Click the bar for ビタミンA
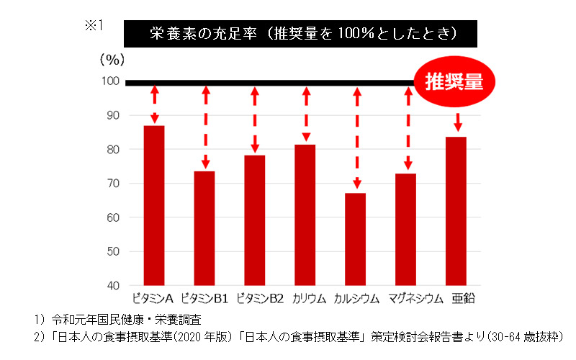[x=154, y=205]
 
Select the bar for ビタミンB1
[x=204, y=228]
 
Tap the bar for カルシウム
[x=355, y=238]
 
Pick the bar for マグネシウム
[x=405, y=229]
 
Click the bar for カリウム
[x=305, y=215]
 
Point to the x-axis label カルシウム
[x=356, y=299]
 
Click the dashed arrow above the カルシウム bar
[x=356, y=138]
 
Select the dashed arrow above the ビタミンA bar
[x=155, y=104]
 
